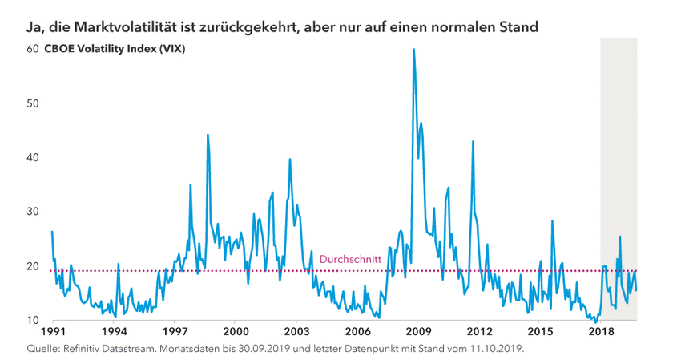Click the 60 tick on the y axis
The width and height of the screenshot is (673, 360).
pos(32,49)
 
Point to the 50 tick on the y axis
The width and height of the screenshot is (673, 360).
pos(32,103)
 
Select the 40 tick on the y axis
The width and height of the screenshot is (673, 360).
pos(32,157)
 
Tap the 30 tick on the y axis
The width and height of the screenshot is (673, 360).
pos(32,212)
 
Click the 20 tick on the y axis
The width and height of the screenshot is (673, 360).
pos(32,266)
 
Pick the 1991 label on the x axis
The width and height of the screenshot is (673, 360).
pos(53,330)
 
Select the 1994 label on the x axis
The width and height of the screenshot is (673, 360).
pos(114,330)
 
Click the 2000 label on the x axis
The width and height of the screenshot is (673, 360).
pos(235,330)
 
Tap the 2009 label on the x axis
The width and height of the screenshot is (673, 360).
pos(418,330)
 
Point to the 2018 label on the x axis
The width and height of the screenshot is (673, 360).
pos(601,330)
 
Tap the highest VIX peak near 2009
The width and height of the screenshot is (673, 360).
pos(413,50)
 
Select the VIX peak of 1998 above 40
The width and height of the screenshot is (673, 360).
pos(208,135)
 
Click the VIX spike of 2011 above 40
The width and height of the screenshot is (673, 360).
pos(474,142)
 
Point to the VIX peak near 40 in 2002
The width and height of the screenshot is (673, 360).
pos(289,159)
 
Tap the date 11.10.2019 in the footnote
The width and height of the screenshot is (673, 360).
pos(498,350)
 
